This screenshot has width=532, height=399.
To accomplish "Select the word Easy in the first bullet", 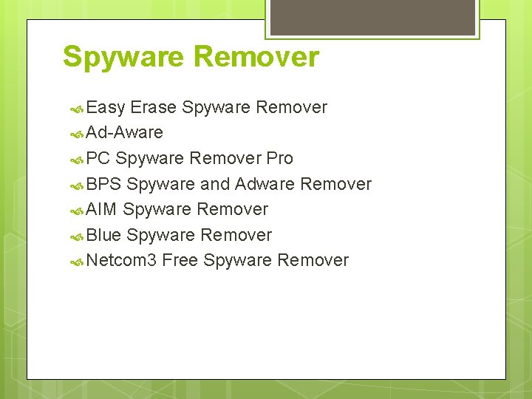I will (x=106, y=108).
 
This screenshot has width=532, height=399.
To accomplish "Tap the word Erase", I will (x=153, y=108).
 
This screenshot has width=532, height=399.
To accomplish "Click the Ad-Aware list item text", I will (x=124, y=133).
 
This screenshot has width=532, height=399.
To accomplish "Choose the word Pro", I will (x=279, y=158).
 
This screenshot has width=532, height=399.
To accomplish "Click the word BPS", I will (x=103, y=184).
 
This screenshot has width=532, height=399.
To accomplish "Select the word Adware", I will (x=265, y=184).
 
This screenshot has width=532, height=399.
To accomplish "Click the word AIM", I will (x=101, y=209).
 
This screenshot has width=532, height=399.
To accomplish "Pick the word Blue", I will (x=103, y=235).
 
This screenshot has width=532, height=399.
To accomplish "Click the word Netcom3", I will (x=121, y=260).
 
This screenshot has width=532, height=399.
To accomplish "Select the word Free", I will (x=180, y=260).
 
